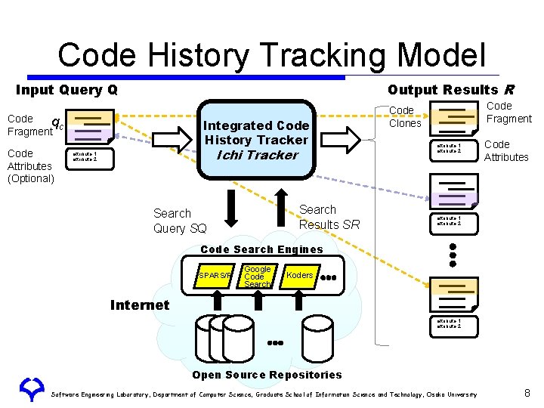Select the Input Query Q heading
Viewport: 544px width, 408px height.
click(x=66, y=90)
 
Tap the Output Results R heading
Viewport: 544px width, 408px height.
click(x=450, y=90)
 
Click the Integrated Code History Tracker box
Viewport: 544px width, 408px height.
click(x=256, y=140)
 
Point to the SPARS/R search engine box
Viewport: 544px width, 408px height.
click(x=215, y=277)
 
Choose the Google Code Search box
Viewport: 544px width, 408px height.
click(x=258, y=277)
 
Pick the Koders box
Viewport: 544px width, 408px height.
click(x=299, y=276)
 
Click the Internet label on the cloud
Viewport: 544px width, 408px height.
click(x=139, y=305)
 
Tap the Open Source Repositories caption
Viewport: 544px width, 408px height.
click(x=267, y=375)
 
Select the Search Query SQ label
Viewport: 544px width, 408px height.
click(x=179, y=221)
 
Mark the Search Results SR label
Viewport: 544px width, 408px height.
click(x=329, y=217)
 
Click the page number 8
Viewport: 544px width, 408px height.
click(x=527, y=393)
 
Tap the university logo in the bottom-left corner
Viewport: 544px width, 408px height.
click(x=32, y=390)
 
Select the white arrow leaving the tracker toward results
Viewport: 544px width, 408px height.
click(x=349, y=139)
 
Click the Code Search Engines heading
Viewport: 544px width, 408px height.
click(x=261, y=249)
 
